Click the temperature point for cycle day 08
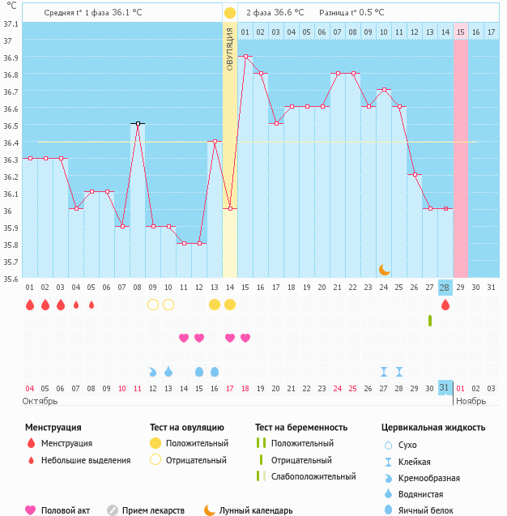(138, 124)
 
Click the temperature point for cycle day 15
(245, 57)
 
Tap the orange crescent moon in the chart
(384, 269)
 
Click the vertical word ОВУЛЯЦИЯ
(230, 48)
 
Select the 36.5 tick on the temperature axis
(11, 126)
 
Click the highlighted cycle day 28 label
(445, 288)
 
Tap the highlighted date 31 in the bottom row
(445, 388)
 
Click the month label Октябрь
(40, 401)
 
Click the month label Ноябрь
(471, 401)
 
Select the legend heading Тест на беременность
(300, 427)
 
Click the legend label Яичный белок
(432, 510)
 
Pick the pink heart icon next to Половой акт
(31, 510)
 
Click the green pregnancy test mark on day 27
(430, 321)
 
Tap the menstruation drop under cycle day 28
(445, 305)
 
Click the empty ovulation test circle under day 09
(153, 305)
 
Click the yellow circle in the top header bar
(230, 13)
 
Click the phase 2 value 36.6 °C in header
(288, 13)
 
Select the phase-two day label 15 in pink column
(460, 32)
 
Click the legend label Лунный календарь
(258, 510)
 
